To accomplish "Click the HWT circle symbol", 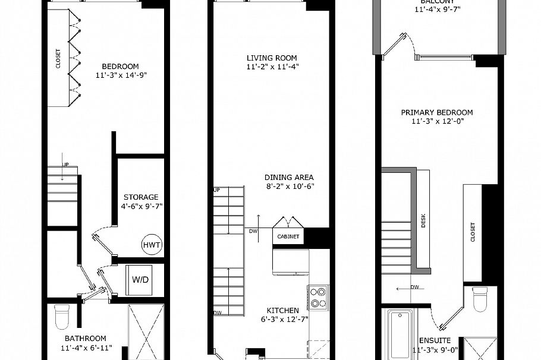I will tap(152, 245).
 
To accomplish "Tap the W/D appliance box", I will tap(140, 279).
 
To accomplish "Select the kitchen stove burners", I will tap(319, 297).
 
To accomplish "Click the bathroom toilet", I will tap(62, 317).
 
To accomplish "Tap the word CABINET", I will tap(288, 236).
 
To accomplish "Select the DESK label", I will tap(423, 221).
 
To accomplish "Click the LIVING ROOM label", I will tap(272, 58).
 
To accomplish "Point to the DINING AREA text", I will tap(289, 177).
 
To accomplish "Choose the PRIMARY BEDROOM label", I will tap(436, 112).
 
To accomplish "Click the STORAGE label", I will tap(141, 197).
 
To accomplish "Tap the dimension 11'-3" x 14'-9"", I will tap(120, 75).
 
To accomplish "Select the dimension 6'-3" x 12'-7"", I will tap(282, 320).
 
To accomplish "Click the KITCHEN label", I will tap(282, 311).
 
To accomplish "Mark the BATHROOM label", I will tap(86, 339).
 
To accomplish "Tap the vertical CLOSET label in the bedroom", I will tap(58, 59).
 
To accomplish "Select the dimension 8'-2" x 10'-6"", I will tap(289, 186).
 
